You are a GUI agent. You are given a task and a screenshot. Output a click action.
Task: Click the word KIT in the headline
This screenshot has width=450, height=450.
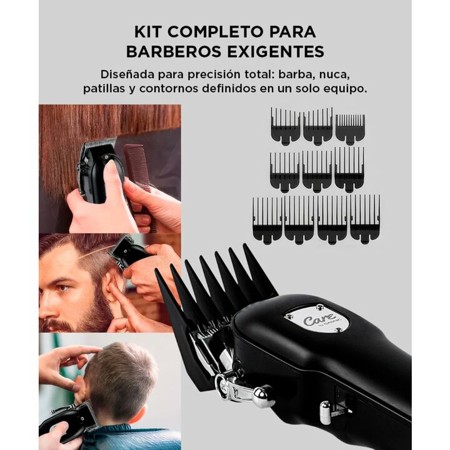pos(147,32)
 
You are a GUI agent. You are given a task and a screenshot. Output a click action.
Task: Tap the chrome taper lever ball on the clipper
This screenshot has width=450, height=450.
pos(261,397)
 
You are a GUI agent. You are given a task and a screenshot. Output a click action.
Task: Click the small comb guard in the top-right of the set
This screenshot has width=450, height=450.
pos(350,129)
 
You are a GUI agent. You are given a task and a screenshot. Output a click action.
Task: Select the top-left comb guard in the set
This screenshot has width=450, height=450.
pos(285,126)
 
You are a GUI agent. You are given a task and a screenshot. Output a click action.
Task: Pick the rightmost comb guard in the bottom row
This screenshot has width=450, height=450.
pos(365,219)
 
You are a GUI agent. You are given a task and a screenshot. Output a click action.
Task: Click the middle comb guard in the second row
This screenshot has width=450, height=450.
pos(317,171)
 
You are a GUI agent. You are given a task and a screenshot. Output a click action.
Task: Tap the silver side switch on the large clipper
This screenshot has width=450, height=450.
pos(326,412)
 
